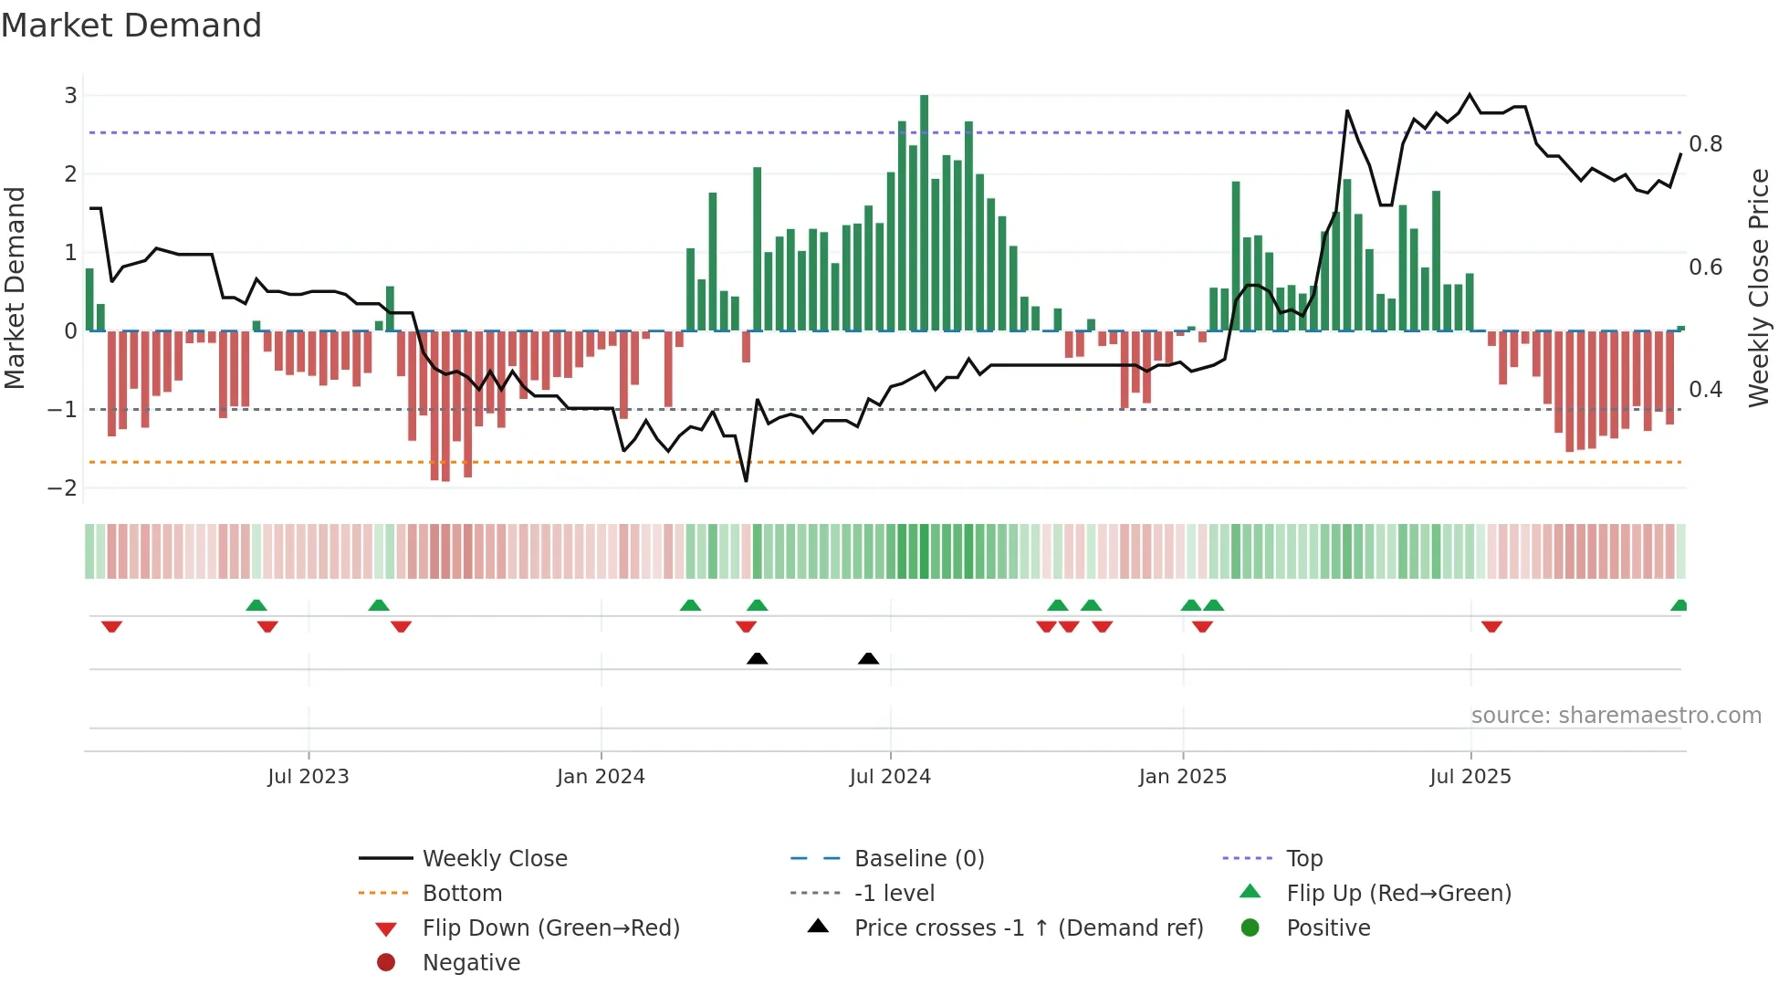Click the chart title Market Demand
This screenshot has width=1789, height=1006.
(131, 26)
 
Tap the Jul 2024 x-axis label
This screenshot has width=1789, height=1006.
(890, 777)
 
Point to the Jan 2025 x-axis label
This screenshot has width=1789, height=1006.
(1182, 777)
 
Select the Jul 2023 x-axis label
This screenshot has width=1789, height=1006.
(309, 777)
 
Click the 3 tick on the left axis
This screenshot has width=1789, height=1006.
(70, 96)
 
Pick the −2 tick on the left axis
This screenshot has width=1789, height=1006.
(63, 488)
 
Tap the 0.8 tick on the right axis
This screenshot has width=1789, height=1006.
(1705, 144)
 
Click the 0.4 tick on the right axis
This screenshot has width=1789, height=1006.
(1705, 390)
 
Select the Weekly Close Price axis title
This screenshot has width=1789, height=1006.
(1759, 288)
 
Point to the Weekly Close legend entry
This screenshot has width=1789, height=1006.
(494, 859)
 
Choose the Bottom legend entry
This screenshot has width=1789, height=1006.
(462, 894)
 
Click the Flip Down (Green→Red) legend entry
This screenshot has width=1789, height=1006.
(550, 928)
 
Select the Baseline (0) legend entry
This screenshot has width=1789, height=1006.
(918, 859)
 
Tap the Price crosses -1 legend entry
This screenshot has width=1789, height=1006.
(1028, 928)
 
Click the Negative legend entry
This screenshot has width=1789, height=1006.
(471, 963)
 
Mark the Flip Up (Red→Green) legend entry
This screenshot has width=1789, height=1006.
(1398, 894)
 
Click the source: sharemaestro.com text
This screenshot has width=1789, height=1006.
(1616, 716)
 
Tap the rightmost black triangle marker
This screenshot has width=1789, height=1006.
(868, 659)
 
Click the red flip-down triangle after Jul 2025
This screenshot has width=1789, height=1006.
(1491, 626)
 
